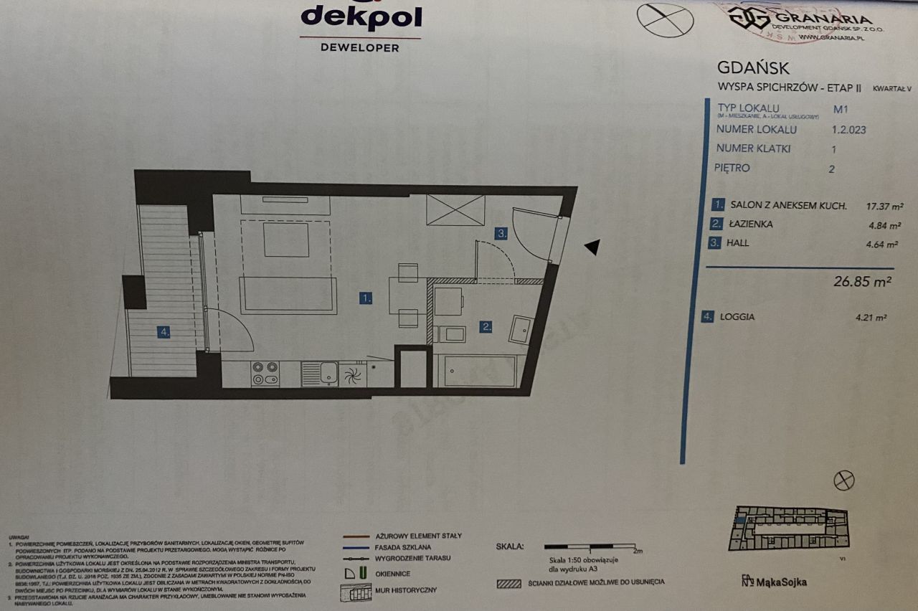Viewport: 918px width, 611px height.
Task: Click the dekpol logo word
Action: (x=361, y=17)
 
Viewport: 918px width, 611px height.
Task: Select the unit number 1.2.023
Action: (x=849, y=130)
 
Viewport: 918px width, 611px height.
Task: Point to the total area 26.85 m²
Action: (x=862, y=282)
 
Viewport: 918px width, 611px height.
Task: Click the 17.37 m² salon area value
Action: (x=866, y=206)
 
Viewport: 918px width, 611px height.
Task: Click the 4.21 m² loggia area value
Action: (x=871, y=317)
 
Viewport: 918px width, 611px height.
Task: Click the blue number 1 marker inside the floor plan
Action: (x=366, y=298)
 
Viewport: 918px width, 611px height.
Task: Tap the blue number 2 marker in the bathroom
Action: (x=486, y=327)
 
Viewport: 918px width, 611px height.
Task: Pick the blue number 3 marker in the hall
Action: (x=503, y=233)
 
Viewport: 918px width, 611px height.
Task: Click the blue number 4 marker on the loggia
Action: (x=164, y=331)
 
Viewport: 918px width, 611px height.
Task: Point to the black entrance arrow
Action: (x=591, y=247)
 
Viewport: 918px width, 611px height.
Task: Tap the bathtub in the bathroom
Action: (x=480, y=371)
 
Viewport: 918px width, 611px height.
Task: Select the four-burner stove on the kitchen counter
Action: (x=265, y=373)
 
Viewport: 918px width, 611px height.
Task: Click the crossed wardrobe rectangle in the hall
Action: (x=455, y=209)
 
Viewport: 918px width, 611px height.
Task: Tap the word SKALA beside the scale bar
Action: (x=509, y=546)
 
